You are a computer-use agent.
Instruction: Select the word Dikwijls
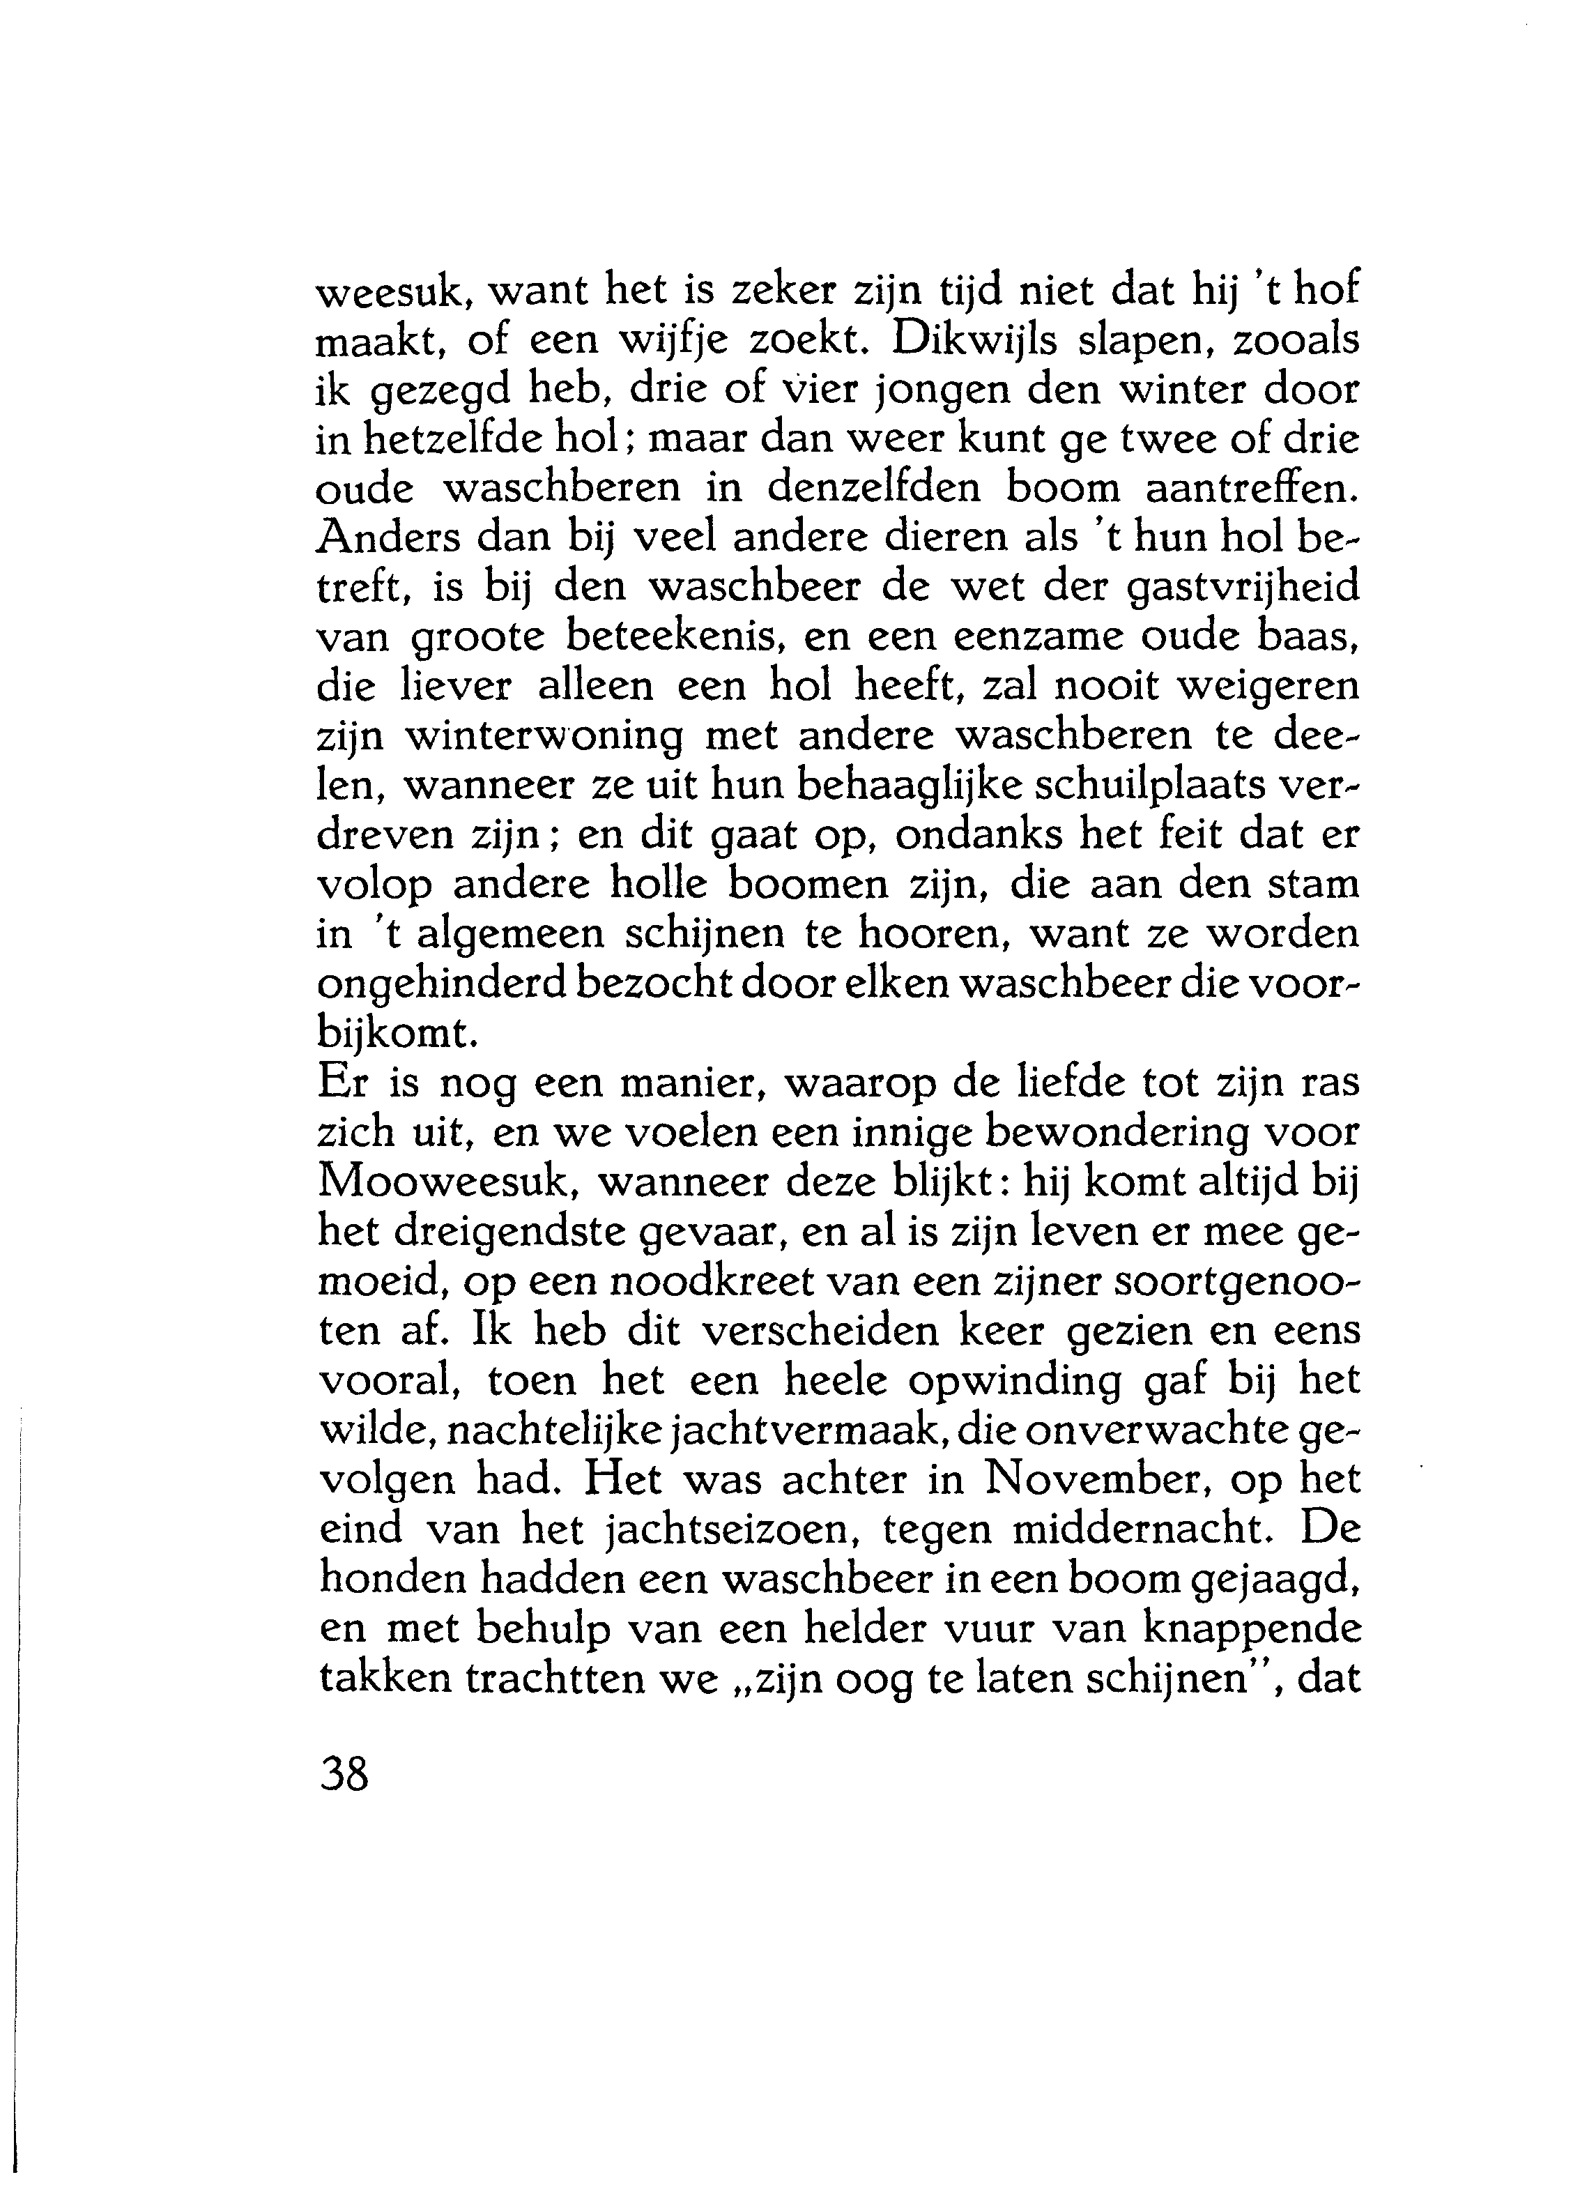pos(996,341)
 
